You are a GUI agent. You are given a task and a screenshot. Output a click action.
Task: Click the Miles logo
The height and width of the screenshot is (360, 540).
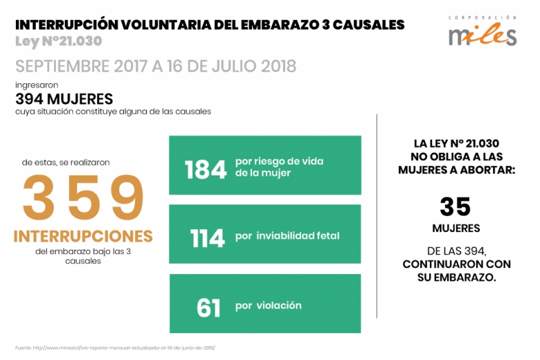point(482,34)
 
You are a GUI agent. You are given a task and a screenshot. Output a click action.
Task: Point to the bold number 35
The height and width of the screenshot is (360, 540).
point(455,207)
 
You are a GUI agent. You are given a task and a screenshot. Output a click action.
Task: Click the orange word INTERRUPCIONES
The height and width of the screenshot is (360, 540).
point(83,236)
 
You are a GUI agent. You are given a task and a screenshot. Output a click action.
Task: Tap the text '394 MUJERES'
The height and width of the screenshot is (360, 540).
point(64,98)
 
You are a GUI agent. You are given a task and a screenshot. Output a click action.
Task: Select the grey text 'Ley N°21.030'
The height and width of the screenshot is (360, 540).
point(58,41)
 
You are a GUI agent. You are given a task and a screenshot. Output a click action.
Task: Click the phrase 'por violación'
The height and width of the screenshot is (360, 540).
point(268,306)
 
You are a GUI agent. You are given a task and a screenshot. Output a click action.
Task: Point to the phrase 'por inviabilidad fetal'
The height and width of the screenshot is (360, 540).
point(287,236)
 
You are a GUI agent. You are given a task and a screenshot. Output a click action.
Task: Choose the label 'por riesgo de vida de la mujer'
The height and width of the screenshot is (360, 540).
point(279,167)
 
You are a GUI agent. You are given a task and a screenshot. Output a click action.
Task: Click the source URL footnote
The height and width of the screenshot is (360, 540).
point(115,348)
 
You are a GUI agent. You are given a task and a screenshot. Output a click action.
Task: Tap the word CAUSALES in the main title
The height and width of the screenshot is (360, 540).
point(369,25)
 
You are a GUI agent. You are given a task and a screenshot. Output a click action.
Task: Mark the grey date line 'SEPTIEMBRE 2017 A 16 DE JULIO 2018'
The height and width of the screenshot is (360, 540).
point(156,66)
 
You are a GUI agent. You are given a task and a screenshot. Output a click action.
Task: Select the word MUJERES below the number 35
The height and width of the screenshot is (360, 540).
point(456,228)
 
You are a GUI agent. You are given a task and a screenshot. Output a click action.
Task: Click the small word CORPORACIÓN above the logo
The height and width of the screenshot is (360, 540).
point(482,17)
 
